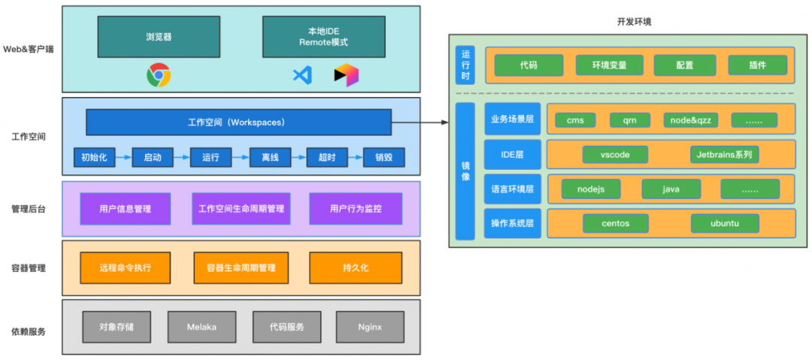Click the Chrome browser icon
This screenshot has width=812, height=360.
click(159, 75)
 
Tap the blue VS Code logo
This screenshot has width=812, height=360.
click(302, 76)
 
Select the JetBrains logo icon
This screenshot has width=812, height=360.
click(347, 76)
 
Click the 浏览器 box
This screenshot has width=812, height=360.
click(159, 36)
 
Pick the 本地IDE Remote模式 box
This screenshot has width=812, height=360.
click(323, 36)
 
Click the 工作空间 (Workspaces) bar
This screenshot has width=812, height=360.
click(239, 123)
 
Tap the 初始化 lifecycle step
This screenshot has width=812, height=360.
click(94, 158)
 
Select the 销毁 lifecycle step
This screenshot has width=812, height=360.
click(383, 158)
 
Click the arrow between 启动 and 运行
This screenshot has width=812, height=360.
click(181, 158)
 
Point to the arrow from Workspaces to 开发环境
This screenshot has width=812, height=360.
click(420, 123)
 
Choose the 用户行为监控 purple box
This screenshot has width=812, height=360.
click(355, 209)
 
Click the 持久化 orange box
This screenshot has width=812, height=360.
click(355, 268)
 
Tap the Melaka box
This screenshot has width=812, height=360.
click(201, 328)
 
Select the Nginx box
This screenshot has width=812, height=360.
click(370, 328)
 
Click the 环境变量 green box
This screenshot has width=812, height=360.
click(610, 65)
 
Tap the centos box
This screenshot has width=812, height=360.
click(616, 224)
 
